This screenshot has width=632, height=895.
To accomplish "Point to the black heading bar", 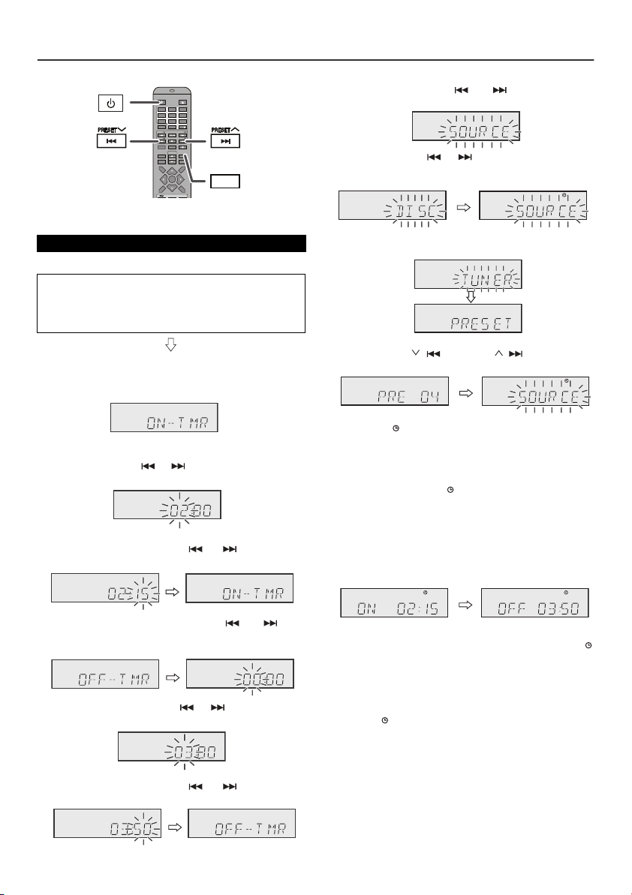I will point(172,244).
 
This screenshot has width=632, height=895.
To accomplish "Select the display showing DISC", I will point(393,205).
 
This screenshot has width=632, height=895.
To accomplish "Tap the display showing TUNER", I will point(468,275).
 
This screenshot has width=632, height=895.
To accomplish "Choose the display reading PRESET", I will point(468,319).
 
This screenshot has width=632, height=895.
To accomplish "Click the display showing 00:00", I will point(240,674).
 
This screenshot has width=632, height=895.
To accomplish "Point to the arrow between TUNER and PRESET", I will point(468,297).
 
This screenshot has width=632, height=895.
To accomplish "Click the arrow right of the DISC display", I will point(462,205).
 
